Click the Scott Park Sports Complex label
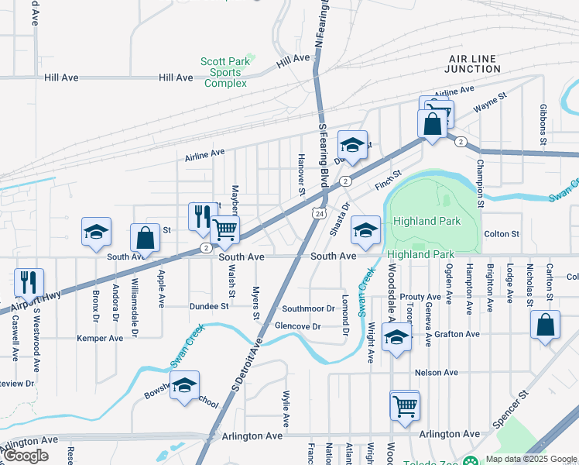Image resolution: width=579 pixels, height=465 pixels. coord(224,72)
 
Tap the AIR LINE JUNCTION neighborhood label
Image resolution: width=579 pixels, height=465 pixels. coord(474,64)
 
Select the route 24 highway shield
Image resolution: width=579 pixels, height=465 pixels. coord(318,212)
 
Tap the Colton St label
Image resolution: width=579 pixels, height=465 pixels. coord(501,234)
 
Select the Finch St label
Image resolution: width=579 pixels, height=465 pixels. coord(388,181)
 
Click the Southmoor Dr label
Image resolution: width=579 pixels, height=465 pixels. coord(307,308)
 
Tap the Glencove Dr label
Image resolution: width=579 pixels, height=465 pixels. coord(297,326)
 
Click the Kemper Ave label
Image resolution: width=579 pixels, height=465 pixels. coord(100,339)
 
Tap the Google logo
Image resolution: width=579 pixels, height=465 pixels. coord(26,455)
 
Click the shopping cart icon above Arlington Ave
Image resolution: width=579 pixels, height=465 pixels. coord(405,405)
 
